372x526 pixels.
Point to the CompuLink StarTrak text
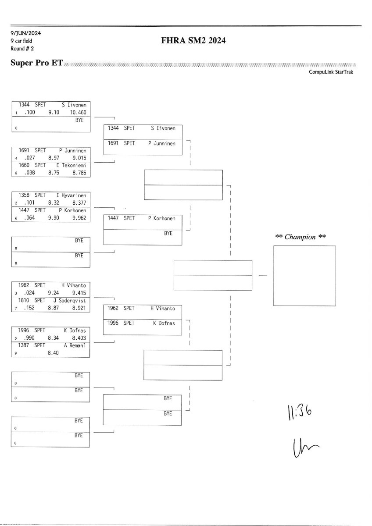click(331, 72)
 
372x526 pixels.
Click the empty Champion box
click(304, 276)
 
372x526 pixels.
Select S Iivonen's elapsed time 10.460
click(78, 112)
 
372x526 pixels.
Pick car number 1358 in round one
click(25, 195)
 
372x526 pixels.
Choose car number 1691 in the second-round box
click(114, 143)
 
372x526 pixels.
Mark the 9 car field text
click(21, 41)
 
